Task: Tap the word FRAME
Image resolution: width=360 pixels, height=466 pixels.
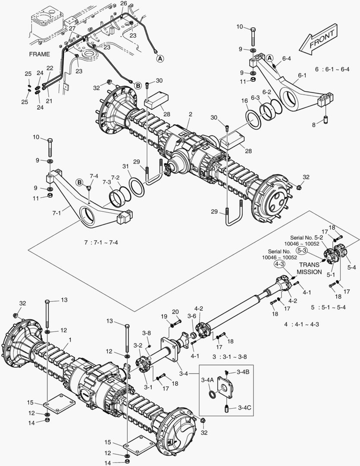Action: [x=40, y=54]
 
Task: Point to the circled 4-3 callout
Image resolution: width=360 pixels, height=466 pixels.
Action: [x=280, y=264]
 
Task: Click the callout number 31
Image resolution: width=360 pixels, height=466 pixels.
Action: [x=125, y=167]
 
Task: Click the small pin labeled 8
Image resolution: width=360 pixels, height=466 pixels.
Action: [x=326, y=119]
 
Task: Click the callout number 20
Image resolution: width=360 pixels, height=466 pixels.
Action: [x=175, y=312]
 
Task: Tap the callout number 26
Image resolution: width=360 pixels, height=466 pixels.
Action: [x=124, y=3]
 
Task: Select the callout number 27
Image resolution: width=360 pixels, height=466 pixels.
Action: [x=72, y=28]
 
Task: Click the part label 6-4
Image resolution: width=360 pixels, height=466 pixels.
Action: [x=286, y=59]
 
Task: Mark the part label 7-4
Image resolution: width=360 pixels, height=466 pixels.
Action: [x=94, y=176]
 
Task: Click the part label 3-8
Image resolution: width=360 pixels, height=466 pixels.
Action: [x=147, y=333]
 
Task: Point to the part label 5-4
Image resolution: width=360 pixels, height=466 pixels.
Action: [x=352, y=268]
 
